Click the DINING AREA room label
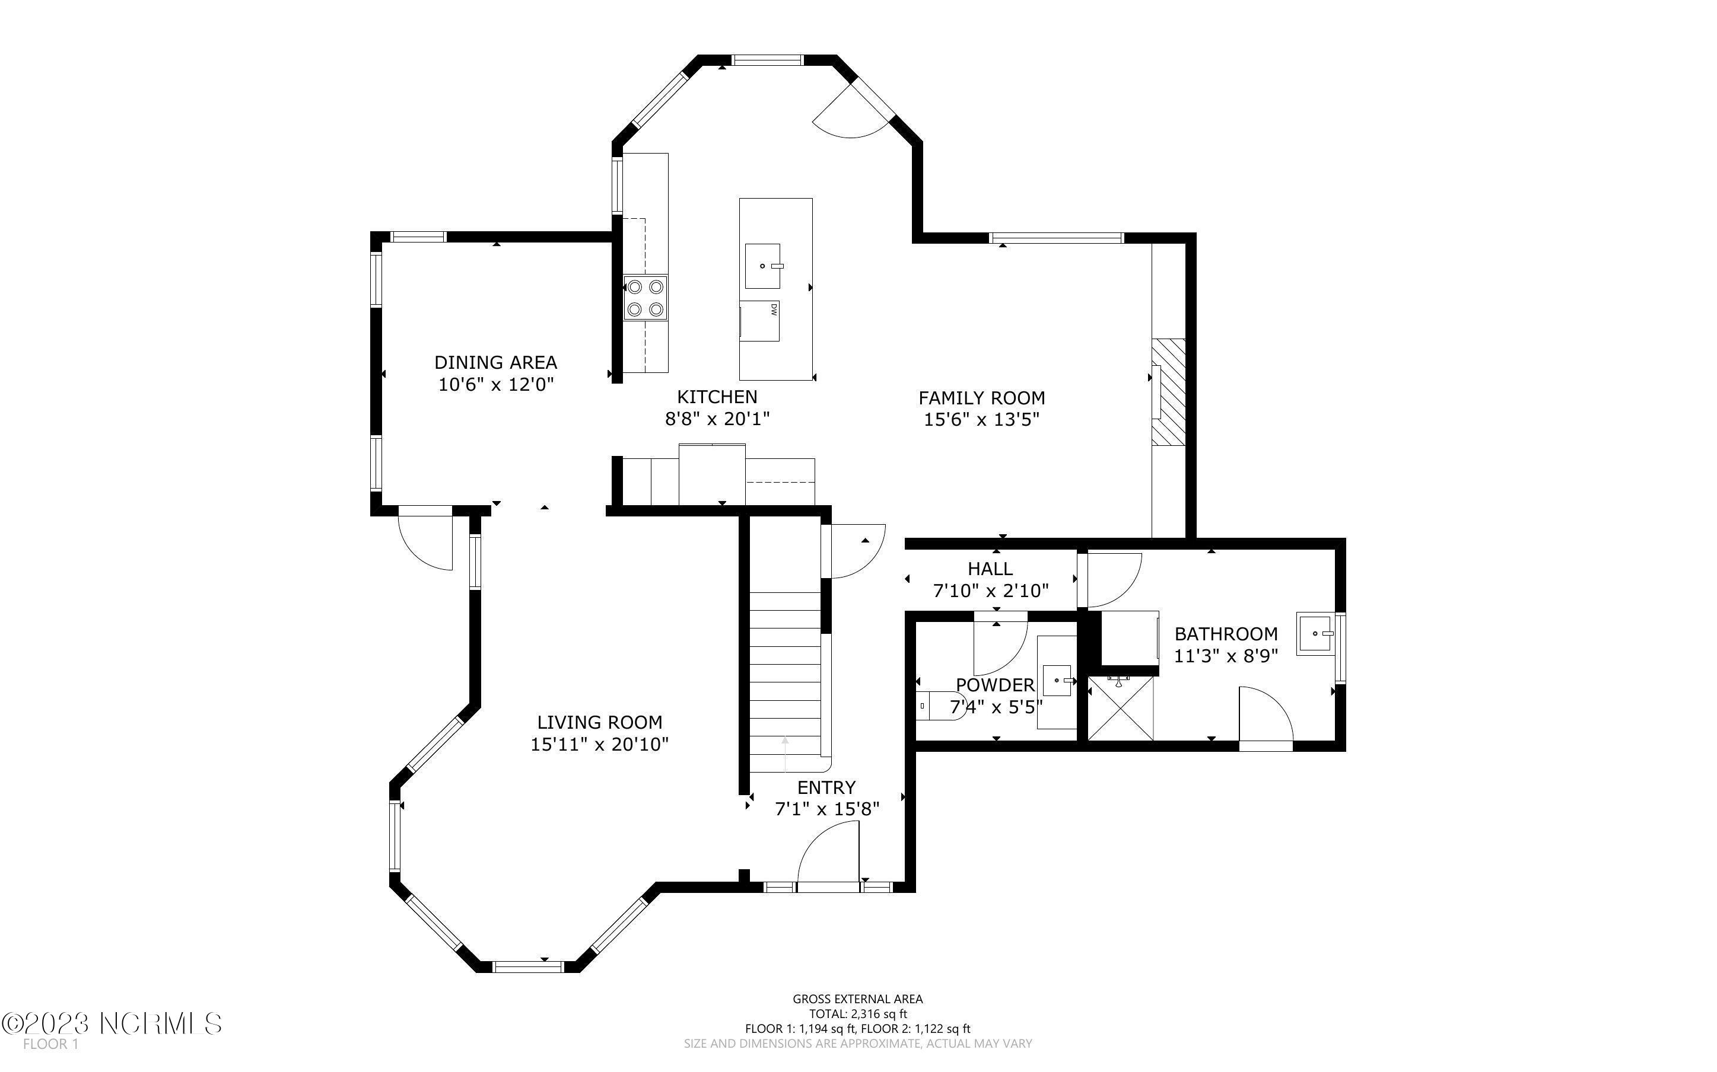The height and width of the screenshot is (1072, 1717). click(496, 362)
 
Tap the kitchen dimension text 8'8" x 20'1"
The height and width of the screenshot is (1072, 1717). click(717, 419)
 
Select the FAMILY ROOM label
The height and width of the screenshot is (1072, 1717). click(981, 398)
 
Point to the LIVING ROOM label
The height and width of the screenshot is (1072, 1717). click(600, 722)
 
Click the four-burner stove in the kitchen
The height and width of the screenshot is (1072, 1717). click(646, 298)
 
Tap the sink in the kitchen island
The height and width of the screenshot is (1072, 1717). click(763, 266)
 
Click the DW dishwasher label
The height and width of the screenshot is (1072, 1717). click(774, 309)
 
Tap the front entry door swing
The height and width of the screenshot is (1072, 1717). click(828, 854)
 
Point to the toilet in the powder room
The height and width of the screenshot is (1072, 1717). click(940, 706)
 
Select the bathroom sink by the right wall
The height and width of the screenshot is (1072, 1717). click(1315, 633)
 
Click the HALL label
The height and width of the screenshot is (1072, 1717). click(990, 569)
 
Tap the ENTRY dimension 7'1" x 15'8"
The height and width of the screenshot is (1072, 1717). click(828, 809)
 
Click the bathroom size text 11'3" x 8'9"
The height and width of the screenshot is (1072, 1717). click(1226, 656)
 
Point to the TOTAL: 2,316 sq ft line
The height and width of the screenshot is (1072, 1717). click(858, 1014)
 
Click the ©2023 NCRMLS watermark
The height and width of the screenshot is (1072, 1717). click(112, 1023)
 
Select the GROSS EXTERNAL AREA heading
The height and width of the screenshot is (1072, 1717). click(858, 999)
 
